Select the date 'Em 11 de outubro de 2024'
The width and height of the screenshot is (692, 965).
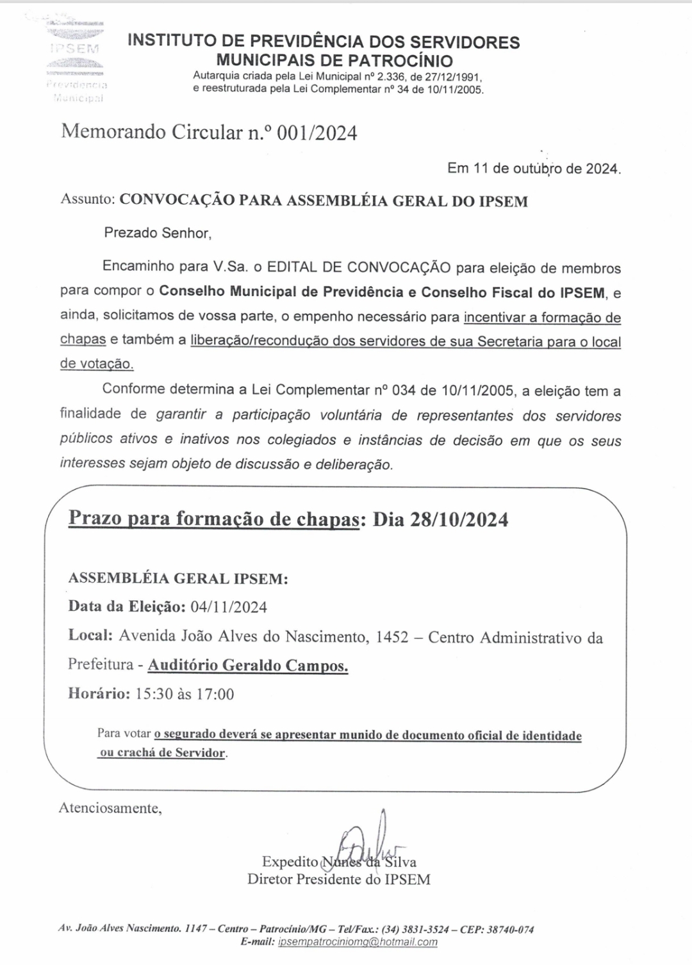coord(534,169)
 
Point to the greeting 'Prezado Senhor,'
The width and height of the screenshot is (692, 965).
coord(158,232)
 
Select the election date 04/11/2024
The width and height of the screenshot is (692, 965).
coord(229,606)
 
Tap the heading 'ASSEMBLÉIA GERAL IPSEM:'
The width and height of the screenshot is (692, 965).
coord(178,578)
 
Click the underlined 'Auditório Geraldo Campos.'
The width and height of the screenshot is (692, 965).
coord(248,665)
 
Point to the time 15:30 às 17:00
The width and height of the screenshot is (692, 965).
coord(185,693)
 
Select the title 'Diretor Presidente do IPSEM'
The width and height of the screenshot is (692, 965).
coord(339,879)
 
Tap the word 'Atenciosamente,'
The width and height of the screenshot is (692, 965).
coord(110,808)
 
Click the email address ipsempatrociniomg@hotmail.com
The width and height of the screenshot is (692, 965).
coord(358,942)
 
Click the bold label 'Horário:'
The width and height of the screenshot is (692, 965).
coord(99,693)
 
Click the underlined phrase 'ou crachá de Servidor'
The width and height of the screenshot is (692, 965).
coord(163,752)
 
